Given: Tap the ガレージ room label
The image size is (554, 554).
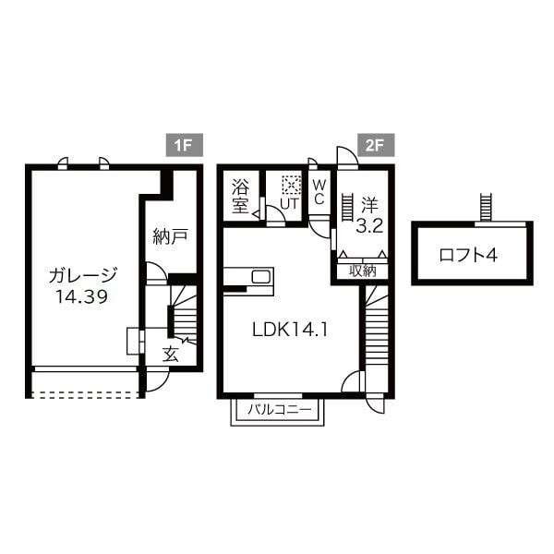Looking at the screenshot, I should point(83,274).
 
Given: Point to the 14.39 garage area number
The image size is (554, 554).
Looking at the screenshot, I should point(83,297).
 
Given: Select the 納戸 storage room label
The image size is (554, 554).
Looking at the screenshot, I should point(170,236).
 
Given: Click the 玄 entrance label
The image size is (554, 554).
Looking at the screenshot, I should point(171,354).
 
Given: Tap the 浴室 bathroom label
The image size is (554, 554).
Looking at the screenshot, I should point(240,194).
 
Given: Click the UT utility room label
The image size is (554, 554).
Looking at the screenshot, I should point(290,203).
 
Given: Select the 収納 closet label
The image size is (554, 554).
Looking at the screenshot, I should point(362,271).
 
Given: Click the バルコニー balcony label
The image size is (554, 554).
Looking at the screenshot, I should point(277,409).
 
